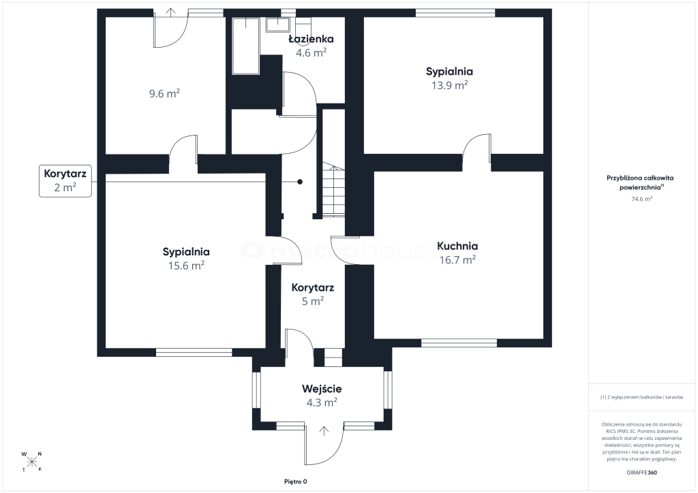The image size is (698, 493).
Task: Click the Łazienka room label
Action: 311,39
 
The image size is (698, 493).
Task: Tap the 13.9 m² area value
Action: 449,85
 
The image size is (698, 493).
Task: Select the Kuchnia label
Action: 457,246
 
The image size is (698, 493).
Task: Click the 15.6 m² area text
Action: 186,266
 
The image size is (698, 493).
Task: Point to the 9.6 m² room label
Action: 164,94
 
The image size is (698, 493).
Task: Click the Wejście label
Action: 322,389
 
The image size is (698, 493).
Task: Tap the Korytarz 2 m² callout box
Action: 65,181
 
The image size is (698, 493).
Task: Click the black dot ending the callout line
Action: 300,182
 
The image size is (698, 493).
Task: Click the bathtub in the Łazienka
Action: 245,46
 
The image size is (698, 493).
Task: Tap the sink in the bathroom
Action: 278,25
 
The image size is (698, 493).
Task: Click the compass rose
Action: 31,462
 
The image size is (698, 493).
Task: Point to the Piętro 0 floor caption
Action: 296,481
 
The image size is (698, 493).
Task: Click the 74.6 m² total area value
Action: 641,199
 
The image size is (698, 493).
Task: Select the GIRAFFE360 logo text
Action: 641,473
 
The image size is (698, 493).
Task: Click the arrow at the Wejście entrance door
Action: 324,431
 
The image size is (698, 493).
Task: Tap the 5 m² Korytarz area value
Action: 313,302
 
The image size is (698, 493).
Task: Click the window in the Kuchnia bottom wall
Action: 459,343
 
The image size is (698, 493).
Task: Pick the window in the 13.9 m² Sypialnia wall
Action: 455,13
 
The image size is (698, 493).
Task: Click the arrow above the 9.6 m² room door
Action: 171,12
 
